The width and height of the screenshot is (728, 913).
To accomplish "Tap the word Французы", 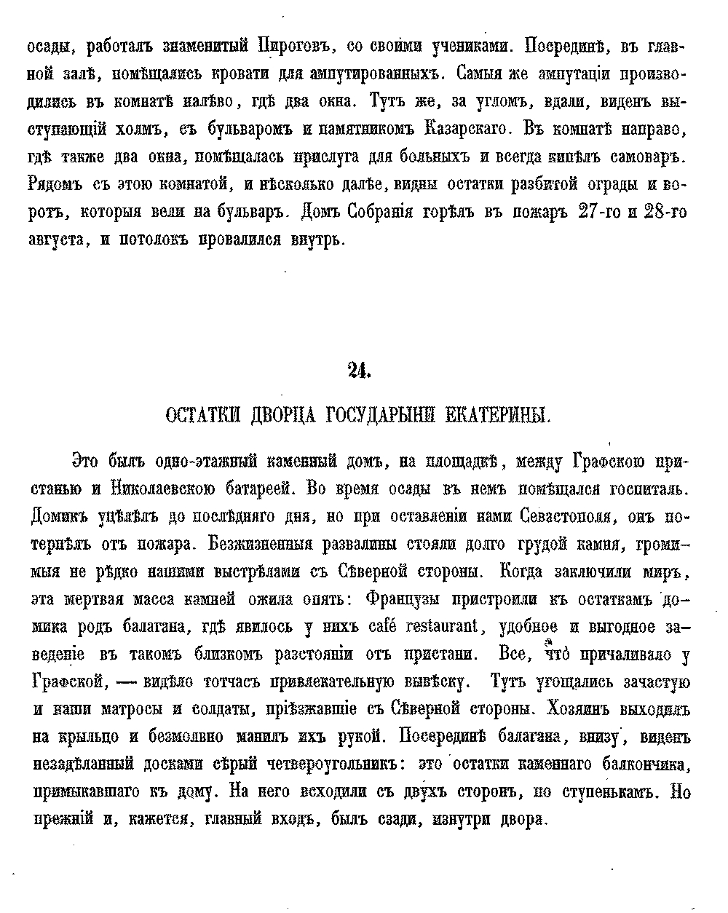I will (x=409, y=598).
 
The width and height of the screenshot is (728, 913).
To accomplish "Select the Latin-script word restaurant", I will (x=446, y=626).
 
